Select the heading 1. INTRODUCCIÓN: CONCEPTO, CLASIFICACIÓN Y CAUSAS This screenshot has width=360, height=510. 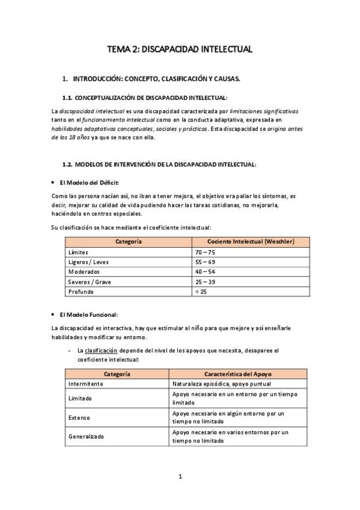[156, 79]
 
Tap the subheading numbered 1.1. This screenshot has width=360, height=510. [145, 98]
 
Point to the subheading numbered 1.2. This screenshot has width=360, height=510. [159, 164]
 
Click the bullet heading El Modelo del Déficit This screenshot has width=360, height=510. [89, 182]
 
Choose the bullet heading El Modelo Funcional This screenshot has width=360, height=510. [88, 315]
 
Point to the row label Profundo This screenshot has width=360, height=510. [81, 292]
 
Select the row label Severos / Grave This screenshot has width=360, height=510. [90, 281]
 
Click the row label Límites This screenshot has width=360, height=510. [79, 253]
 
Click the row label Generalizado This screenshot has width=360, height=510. [87, 437]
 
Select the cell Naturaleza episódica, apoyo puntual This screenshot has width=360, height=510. [221, 384]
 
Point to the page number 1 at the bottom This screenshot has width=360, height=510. [180, 476]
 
